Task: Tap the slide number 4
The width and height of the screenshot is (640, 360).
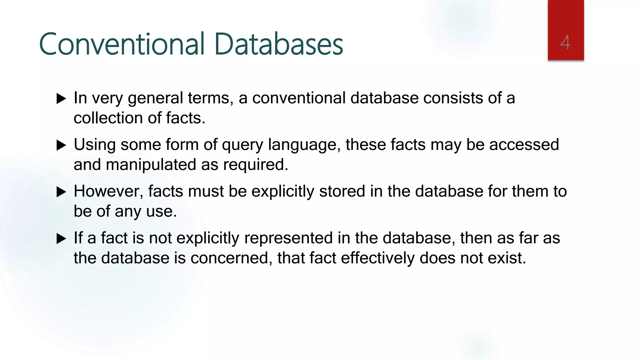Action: (565, 42)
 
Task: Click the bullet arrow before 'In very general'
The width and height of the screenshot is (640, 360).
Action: (61, 99)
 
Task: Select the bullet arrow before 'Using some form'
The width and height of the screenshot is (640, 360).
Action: (61, 145)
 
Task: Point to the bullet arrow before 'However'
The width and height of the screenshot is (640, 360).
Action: (61, 192)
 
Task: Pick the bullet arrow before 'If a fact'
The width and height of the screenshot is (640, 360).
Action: (61, 239)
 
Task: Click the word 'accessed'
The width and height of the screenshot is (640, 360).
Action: (524, 145)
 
